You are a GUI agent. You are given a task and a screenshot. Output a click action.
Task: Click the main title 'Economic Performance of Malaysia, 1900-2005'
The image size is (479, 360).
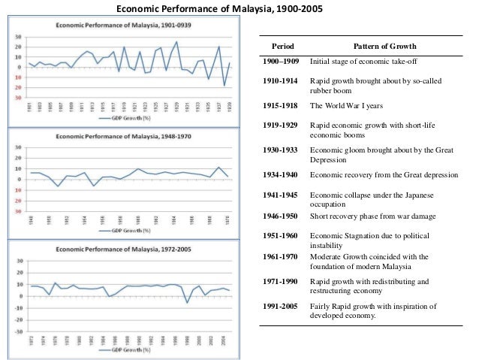(x=239, y=9)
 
